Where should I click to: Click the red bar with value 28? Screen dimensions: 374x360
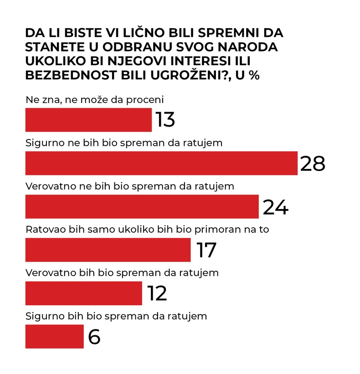(161, 163)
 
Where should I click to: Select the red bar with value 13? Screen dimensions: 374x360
(88, 120)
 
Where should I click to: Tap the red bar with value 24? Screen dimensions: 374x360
(142, 206)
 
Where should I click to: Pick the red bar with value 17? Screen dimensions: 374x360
(108, 250)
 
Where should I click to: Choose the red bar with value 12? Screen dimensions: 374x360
(83, 293)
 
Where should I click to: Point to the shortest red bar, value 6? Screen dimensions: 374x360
(54, 336)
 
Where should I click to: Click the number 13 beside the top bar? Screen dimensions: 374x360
(165, 120)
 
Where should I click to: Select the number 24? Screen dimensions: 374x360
(275, 207)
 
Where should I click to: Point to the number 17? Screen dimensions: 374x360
(206, 250)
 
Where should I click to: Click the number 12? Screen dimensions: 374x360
(157, 293)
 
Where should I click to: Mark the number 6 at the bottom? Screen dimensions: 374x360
(94, 337)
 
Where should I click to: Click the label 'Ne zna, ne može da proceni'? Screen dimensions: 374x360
(94, 99)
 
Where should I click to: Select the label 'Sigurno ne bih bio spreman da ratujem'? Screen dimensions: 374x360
(124, 143)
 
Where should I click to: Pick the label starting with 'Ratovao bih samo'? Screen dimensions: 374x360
(147, 229)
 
